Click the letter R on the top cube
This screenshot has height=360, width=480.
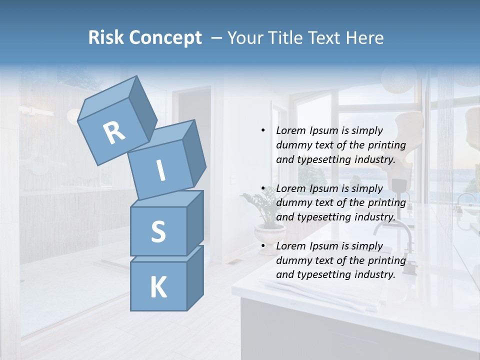[x=114, y=133]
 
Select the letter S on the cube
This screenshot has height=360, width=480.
[x=158, y=231]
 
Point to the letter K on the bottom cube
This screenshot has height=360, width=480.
[x=158, y=287]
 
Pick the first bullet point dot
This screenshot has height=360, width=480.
[x=263, y=130]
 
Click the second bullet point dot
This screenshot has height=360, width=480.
[x=263, y=188]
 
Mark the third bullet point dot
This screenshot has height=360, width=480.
[x=263, y=246]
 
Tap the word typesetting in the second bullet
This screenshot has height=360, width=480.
[x=322, y=217]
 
